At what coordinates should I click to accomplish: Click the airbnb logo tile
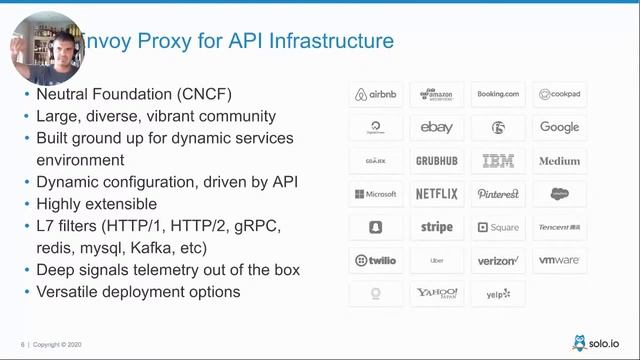(375, 95)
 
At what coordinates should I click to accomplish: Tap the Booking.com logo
(498, 95)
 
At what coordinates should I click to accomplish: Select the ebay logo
(437, 128)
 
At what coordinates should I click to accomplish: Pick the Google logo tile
(559, 128)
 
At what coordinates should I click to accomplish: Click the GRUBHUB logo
(437, 161)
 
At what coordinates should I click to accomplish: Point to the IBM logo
(498, 161)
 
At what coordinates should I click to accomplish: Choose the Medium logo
(559, 161)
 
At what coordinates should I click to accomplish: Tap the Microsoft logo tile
(375, 194)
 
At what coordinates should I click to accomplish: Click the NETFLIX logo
(437, 194)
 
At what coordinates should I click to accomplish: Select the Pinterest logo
(498, 194)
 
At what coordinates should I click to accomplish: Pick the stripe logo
(437, 227)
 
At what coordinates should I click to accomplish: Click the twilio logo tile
(375, 260)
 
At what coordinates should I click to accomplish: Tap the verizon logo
(498, 260)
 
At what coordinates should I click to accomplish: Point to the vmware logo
(559, 260)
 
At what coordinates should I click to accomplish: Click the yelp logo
(498, 293)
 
